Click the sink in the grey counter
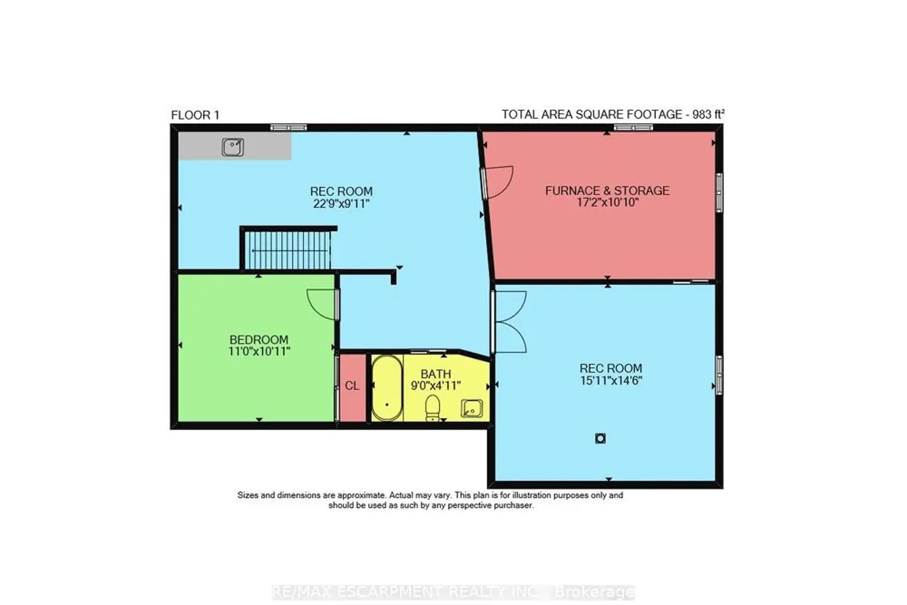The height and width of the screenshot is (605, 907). (233, 147)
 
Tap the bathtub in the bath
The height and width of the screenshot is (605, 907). (387, 388)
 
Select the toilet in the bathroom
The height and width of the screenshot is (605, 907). (433, 408)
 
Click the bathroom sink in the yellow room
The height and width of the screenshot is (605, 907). (472, 408)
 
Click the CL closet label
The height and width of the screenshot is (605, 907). (352, 386)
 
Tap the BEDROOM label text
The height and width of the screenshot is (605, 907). (259, 339)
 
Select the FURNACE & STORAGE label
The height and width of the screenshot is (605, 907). (607, 191)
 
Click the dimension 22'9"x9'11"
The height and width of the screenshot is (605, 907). (342, 203)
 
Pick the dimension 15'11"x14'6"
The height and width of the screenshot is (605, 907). (611, 381)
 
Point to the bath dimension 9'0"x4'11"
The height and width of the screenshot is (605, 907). (436, 385)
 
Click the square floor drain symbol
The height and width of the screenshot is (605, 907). (600, 439)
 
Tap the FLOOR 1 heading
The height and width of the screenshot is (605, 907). (195, 116)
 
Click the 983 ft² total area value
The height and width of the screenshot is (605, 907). (708, 114)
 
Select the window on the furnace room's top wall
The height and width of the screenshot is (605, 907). (633, 128)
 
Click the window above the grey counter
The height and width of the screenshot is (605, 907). (288, 128)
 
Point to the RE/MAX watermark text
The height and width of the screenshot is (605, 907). (453, 592)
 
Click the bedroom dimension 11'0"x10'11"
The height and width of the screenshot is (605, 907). (259, 352)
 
